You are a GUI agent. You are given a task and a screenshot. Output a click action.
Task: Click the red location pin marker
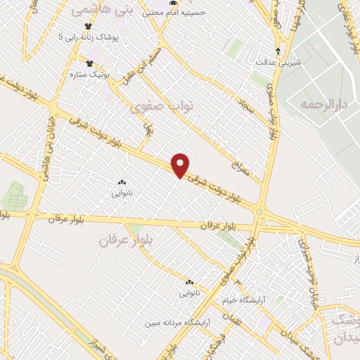point(181,166)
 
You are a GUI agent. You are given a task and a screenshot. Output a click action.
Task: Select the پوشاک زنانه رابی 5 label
point(91,36)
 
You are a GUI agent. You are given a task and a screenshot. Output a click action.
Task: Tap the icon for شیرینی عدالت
point(279,51)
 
